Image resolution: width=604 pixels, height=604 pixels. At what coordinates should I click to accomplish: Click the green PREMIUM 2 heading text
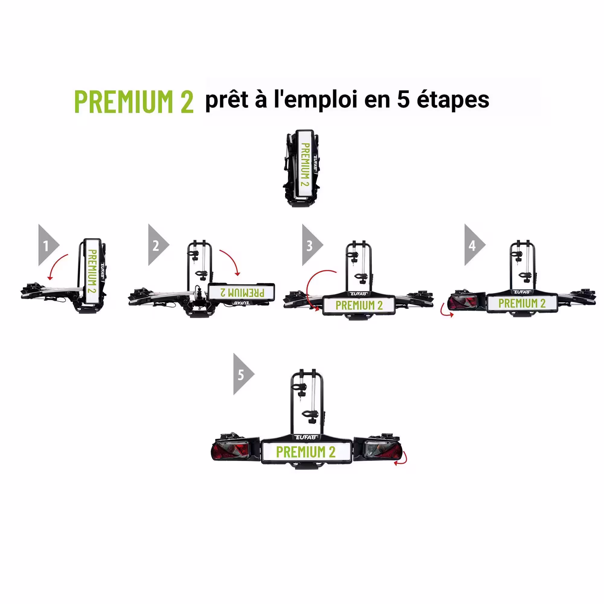point(134,101)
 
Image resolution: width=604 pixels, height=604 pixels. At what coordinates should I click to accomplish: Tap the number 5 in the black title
point(403,100)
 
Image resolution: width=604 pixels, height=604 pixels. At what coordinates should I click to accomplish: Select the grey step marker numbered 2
point(159,245)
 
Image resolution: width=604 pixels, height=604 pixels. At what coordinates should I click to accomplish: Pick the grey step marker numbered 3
point(312,245)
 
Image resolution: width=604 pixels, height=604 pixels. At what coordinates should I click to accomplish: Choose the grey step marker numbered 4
point(475,245)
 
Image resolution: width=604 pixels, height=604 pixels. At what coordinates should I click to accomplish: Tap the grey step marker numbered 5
point(244,374)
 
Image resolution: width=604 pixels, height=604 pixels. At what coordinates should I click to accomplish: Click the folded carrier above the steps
point(302,168)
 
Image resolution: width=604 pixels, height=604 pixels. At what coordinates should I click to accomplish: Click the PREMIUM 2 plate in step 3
point(359,305)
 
